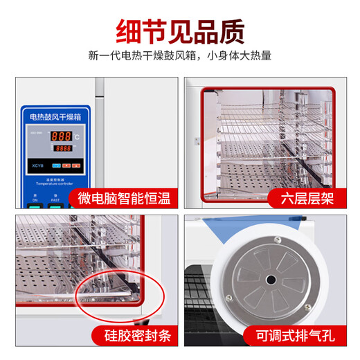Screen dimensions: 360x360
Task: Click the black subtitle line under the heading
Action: pos(180,56)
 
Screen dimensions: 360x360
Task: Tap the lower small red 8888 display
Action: pos(63,148)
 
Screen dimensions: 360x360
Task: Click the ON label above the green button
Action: pos(35,199)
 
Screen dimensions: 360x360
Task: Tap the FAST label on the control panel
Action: pos(54,199)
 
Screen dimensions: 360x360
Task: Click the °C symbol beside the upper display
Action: pos(76,137)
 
